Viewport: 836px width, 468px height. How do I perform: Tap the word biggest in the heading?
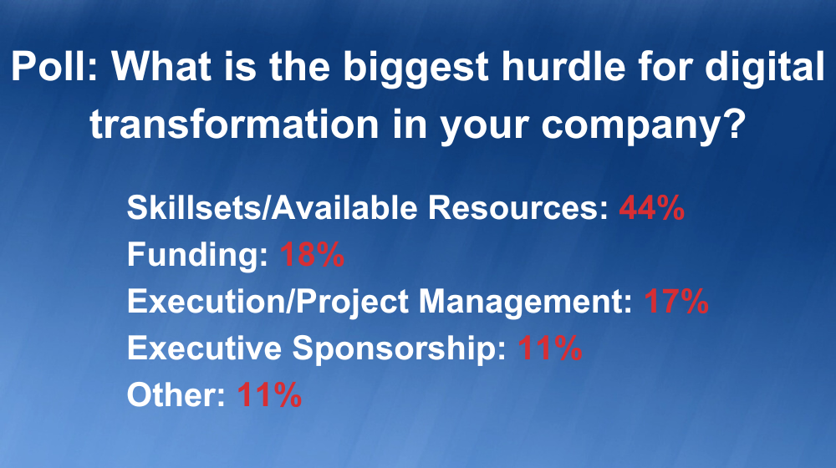pyautogui.click(x=415, y=69)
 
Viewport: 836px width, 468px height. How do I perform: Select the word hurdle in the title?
pyautogui.click(x=564, y=66)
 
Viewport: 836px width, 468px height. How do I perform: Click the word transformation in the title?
pyautogui.click(x=234, y=125)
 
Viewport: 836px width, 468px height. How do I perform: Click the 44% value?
pyautogui.click(x=651, y=207)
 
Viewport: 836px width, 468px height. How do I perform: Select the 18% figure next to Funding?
pyautogui.click(x=313, y=254)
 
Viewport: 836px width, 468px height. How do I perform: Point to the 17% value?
pyautogui.click(x=676, y=301)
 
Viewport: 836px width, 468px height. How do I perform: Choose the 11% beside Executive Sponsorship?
pyautogui.click(x=550, y=348)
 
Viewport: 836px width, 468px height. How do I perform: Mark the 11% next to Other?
pyautogui.click(x=269, y=395)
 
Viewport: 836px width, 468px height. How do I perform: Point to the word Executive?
pyautogui.click(x=204, y=348)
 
